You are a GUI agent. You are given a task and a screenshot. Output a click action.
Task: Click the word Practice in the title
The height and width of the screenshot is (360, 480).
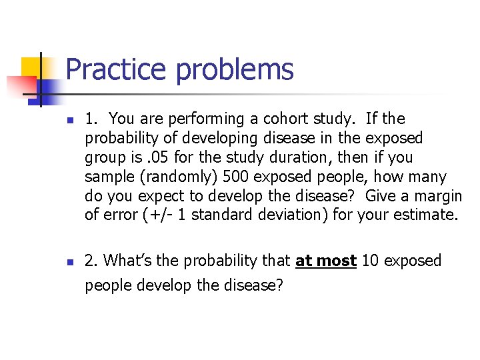tap(117, 69)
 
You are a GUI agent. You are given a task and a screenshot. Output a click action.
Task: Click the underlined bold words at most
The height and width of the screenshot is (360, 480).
tap(326, 261)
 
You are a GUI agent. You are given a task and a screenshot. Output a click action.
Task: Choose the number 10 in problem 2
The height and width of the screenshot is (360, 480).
tap(371, 261)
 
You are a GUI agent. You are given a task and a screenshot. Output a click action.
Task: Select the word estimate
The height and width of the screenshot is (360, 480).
tap(424, 215)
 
